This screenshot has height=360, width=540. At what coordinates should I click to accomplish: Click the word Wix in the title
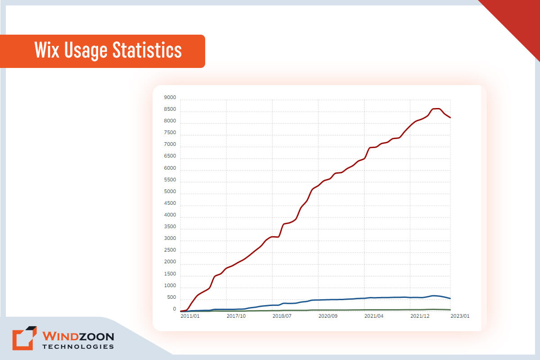click(47, 50)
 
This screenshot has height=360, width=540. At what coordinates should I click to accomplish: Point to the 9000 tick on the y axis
click(171, 97)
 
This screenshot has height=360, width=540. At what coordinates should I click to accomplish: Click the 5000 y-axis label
click(171, 192)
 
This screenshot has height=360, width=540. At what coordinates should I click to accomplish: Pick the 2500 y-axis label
click(171, 250)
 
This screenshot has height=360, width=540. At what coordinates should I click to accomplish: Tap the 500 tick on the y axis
click(171, 297)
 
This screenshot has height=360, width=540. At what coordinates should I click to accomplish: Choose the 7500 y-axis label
click(171, 132)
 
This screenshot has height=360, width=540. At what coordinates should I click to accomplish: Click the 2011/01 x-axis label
click(190, 316)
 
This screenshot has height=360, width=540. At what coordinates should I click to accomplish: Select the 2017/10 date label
click(236, 316)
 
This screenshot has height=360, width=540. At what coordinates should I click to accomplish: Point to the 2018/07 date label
click(282, 316)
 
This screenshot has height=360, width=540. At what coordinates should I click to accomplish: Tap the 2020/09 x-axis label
click(328, 316)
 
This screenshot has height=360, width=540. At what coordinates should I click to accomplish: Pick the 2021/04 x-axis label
click(374, 316)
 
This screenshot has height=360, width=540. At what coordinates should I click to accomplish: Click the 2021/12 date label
click(420, 316)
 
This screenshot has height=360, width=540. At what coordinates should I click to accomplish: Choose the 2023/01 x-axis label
click(460, 316)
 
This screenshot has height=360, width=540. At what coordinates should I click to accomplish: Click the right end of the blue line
click(450, 298)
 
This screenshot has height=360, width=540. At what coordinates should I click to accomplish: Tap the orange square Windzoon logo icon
click(23, 338)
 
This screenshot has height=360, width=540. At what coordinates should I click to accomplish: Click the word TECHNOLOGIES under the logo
click(78, 346)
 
